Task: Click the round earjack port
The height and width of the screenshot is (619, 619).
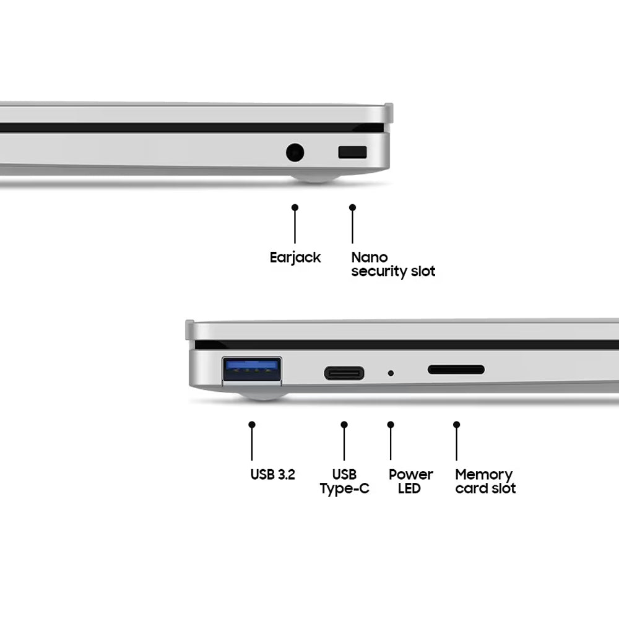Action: [295, 152]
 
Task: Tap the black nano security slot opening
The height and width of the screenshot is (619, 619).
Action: [353, 152]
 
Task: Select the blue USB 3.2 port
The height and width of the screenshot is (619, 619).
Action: [252, 370]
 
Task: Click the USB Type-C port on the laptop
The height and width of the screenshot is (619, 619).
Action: [344, 373]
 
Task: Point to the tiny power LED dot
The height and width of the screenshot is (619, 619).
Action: [391, 373]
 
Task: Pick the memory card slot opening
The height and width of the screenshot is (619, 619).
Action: [456, 370]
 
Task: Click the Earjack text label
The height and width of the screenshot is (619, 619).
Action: [295, 258]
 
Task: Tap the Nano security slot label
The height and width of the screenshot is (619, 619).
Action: [393, 264]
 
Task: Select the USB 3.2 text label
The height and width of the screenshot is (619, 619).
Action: [273, 474]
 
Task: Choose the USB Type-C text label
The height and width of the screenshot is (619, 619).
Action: [345, 482]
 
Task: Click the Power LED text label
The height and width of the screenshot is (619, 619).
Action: [410, 481]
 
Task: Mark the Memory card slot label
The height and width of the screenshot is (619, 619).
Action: [485, 481]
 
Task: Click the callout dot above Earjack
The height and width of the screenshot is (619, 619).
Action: [295, 207]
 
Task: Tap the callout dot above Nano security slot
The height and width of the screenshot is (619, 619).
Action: [353, 207]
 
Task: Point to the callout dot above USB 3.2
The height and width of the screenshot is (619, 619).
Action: [252, 425]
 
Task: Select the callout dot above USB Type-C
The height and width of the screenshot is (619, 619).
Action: [344, 425]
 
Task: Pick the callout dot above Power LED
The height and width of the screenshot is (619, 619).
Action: [391, 425]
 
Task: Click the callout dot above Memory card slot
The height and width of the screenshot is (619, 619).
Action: [457, 425]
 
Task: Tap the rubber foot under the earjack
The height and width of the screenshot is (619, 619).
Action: [316, 178]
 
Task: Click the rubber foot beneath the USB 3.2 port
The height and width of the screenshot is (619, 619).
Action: [263, 396]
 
